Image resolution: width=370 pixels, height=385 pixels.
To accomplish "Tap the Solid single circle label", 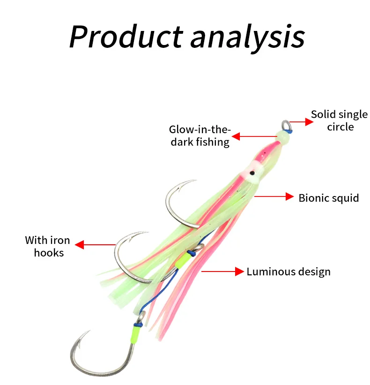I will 340,121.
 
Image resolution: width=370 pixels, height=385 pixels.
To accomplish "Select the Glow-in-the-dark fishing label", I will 200,136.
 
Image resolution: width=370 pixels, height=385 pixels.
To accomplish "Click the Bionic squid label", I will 329,198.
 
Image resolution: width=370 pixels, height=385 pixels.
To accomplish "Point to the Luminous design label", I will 289,272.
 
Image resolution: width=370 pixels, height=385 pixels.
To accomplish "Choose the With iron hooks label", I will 48,246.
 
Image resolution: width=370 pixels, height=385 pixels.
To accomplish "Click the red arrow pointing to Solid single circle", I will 301,122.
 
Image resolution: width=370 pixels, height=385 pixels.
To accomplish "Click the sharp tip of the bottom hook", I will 89,332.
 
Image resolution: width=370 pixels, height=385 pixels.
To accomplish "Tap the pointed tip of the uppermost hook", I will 195,180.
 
